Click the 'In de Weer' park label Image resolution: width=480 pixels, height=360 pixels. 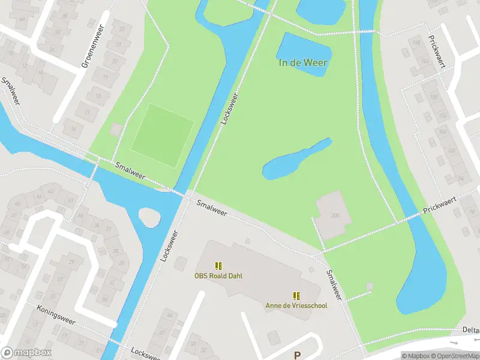tap(303, 63)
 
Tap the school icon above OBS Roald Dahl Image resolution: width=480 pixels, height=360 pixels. tap(218, 265)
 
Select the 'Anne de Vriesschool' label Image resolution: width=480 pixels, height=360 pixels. tap(296, 305)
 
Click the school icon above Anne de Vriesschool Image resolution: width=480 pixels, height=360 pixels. tap(296, 295)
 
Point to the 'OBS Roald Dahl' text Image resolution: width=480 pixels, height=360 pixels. tap(218, 276)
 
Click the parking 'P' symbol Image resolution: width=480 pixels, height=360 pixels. tap(297, 355)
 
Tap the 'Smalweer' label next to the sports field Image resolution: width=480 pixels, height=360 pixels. tap(130, 171)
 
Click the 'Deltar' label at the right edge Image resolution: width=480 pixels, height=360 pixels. tap(470, 330)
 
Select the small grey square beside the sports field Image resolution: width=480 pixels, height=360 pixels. tap(116, 130)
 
